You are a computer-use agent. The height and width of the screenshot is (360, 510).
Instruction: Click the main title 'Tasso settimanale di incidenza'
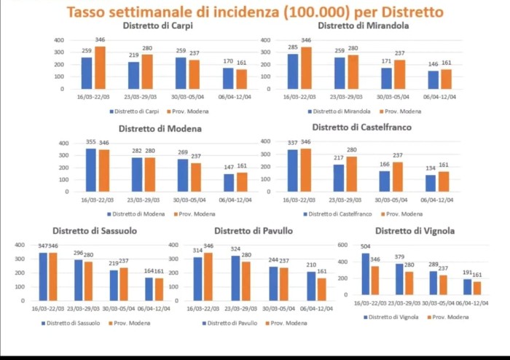[255, 12]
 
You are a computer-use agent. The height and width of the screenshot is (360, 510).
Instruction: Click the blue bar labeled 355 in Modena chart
[90, 170]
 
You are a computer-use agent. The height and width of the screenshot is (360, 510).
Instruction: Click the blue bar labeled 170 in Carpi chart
[229, 77]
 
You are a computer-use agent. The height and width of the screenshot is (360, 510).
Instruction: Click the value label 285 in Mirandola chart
[293, 47]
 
